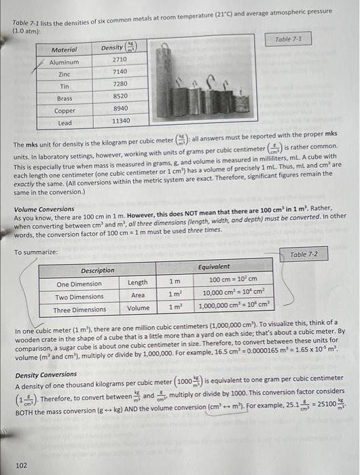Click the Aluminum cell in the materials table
click(x=64, y=61)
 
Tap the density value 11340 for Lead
click(x=121, y=121)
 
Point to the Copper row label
click(x=65, y=109)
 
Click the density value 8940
click(x=120, y=109)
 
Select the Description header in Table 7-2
click(x=98, y=269)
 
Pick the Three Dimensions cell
click(x=80, y=309)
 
